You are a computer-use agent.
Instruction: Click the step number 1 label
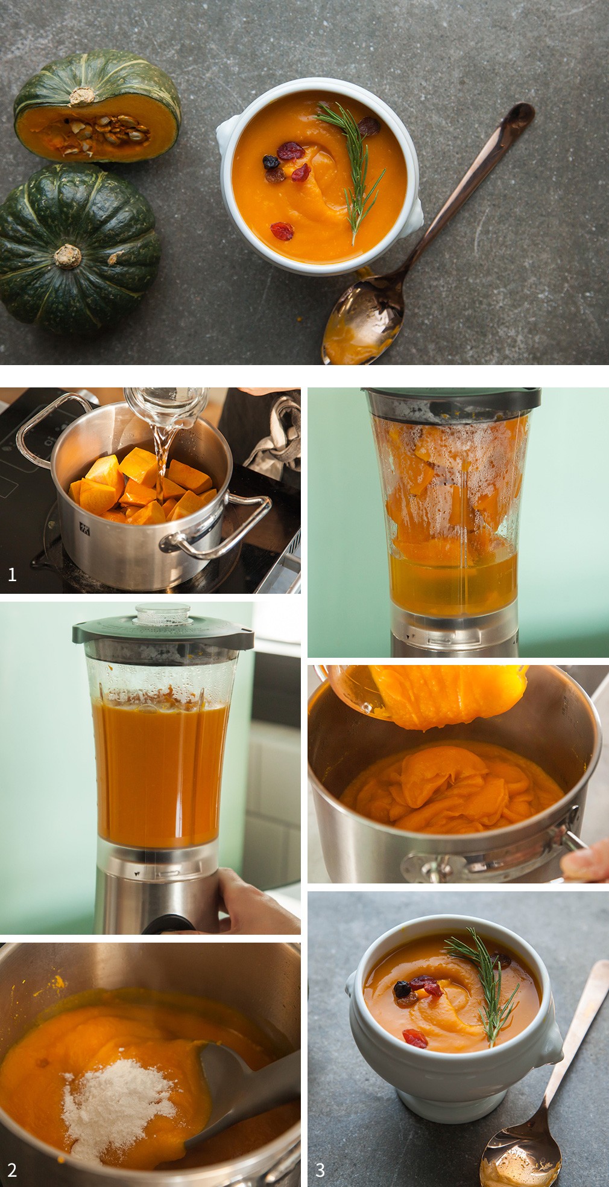coord(12,574)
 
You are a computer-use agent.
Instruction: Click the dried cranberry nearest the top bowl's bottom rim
coord(282,231)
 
